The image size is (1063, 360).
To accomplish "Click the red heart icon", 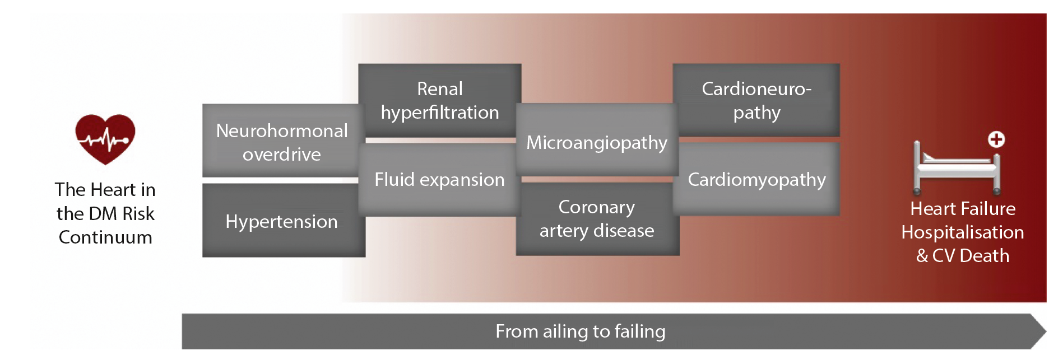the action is [105, 139].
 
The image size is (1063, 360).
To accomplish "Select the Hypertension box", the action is [284, 221].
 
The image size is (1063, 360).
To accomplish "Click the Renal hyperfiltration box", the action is [440, 100].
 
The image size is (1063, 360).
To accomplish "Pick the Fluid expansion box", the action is [440, 180].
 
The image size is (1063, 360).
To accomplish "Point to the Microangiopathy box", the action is [597, 140].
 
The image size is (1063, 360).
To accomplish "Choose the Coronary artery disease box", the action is [597, 219].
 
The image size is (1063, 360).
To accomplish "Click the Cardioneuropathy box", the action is [756, 100].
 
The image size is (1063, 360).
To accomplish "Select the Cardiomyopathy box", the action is [756, 179].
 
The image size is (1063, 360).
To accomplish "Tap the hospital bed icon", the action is [957, 167].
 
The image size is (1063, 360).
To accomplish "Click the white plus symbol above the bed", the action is [996, 139].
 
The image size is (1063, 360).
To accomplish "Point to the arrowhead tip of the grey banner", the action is [1046, 331].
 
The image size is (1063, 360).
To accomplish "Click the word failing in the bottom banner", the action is [640, 331].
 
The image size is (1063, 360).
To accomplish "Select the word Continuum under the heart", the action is [105, 237].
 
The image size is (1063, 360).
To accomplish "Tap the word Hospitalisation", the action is [963, 232].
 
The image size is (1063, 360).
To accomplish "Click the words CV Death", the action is [971, 256].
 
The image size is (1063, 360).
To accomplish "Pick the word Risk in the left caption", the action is [138, 214].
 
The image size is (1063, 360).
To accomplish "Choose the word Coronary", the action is [597, 208].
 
